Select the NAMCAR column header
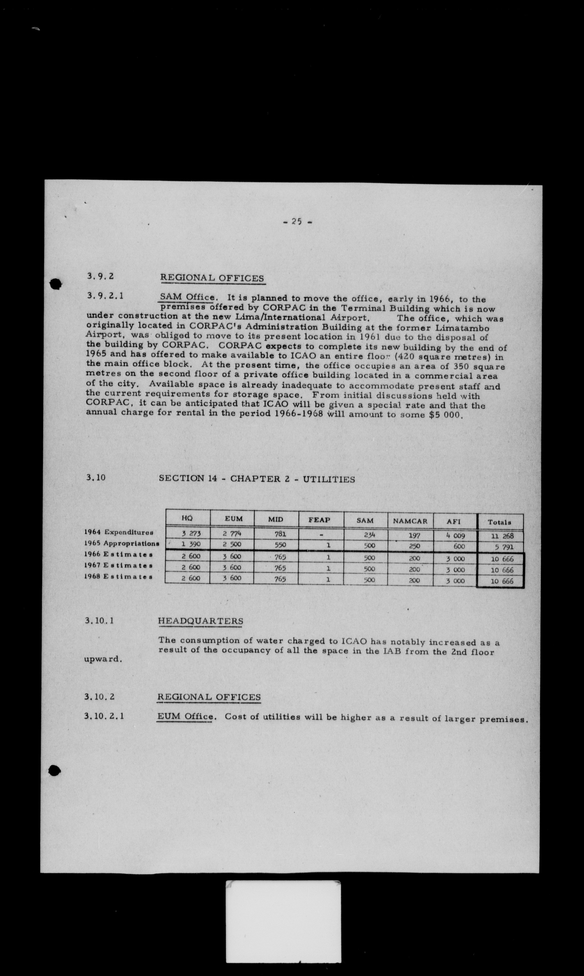[x=410, y=521]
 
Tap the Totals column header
[x=499, y=522]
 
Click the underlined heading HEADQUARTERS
[x=200, y=621]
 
